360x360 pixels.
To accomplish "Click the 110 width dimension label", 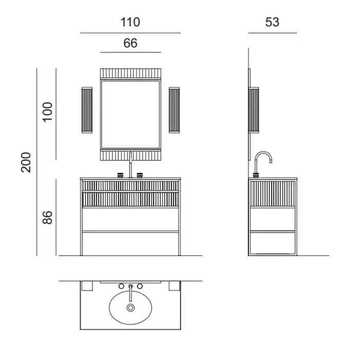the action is click(x=130, y=22).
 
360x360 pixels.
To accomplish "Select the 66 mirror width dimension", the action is click(x=131, y=43).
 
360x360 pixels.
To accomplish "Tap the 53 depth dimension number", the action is click(x=272, y=22).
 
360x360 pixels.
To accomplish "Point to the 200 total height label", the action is click(x=26, y=163).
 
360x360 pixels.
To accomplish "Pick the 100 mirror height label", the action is click(x=47, y=112).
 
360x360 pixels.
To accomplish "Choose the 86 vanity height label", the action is click(x=47, y=218).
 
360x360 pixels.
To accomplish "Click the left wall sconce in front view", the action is click(x=87, y=110).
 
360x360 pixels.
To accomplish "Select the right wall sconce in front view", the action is click(x=174, y=110).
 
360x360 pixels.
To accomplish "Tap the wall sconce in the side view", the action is click(x=254, y=110).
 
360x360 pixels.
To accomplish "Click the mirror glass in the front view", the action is click(x=131, y=115).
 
